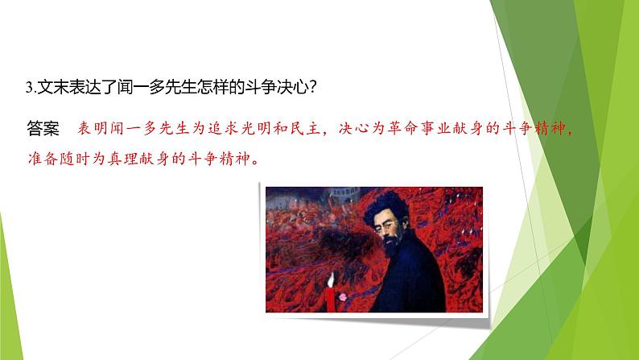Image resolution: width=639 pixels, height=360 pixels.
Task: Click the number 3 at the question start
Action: click(29, 88)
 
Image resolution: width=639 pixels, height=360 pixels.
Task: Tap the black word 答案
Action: click(43, 128)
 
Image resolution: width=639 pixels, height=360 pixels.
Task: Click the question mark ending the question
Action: click(313, 88)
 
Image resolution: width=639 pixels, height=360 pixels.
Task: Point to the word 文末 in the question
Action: click(52, 88)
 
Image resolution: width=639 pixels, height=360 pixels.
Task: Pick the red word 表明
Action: click(93, 128)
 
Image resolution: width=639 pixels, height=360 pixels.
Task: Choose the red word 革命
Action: click(402, 128)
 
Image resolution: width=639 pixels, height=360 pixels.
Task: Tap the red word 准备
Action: click(43, 159)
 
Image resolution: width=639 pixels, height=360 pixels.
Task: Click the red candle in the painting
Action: click(330, 299)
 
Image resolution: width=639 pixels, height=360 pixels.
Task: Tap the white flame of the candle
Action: click(331, 279)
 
